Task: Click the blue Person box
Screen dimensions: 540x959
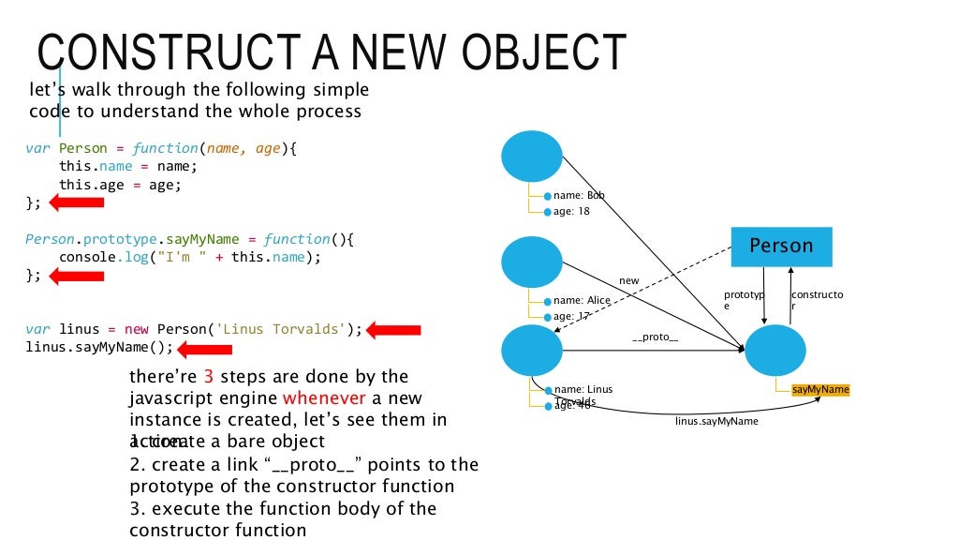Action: tap(781, 247)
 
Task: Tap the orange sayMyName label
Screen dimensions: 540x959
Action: tap(820, 389)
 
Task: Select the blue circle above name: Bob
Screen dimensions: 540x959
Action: tap(532, 157)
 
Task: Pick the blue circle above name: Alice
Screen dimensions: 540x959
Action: tap(532, 262)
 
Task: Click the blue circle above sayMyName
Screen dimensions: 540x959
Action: tap(776, 351)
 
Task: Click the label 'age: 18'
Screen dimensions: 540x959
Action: tap(570, 212)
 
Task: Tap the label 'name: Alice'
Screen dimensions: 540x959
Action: tap(582, 300)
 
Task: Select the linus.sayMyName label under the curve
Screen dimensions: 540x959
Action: tap(716, 422)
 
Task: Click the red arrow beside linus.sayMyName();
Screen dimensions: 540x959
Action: tap(205, 350)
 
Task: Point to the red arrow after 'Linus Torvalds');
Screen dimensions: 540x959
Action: tap(393, 330)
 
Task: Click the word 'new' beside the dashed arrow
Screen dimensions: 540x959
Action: tap(628, 280)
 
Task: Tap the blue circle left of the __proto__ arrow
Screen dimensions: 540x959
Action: tap(532, 351)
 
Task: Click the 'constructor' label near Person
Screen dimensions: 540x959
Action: tap(817, 300)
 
